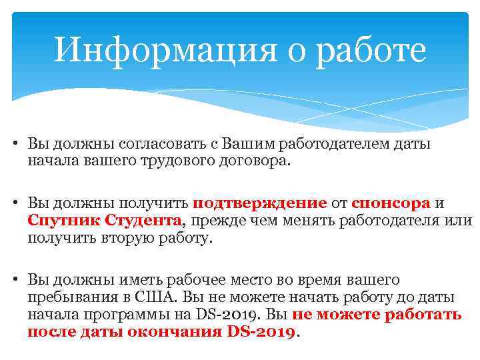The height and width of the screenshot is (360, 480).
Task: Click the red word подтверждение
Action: pos(259,203)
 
